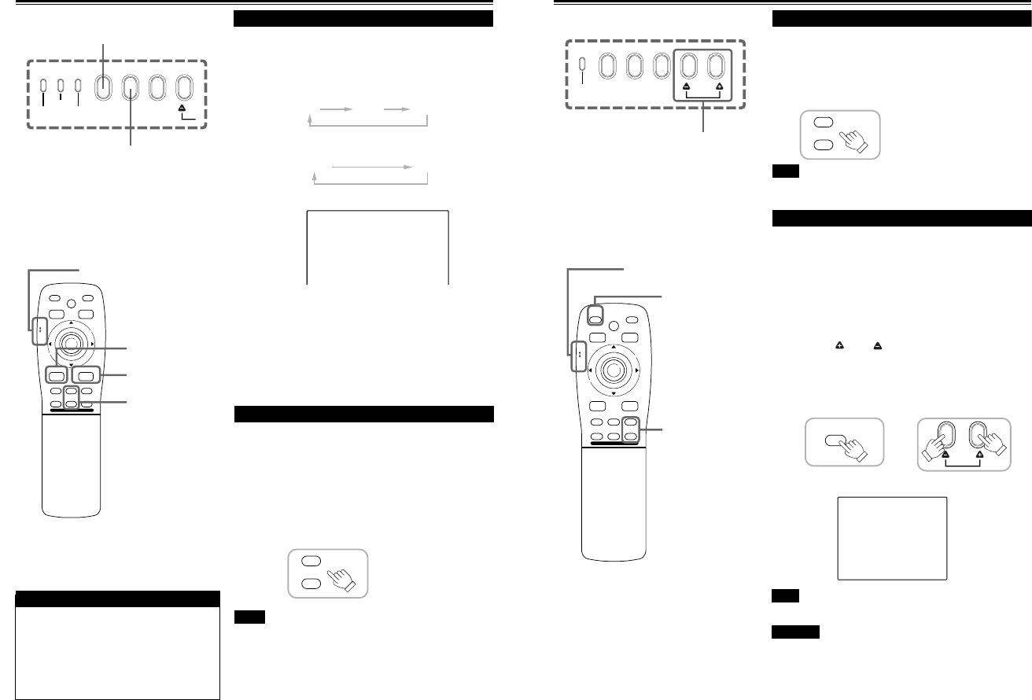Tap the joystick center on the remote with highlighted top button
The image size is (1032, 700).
point(613,369)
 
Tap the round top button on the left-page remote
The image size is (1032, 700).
point(69,301)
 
